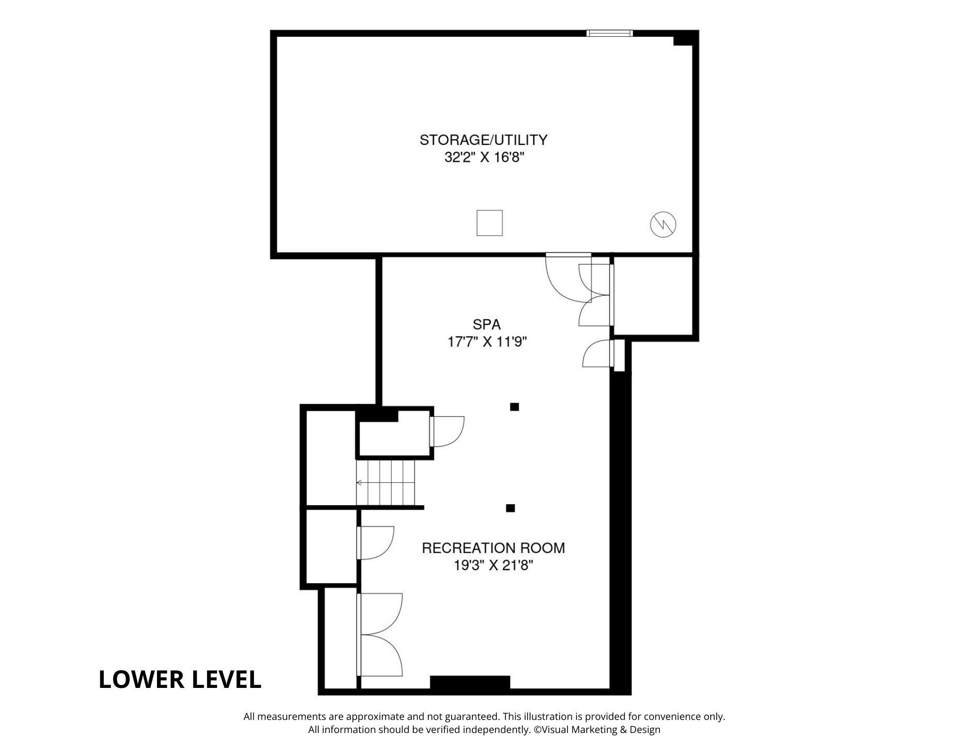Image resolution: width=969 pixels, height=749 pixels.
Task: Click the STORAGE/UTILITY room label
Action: (x=483, y=140)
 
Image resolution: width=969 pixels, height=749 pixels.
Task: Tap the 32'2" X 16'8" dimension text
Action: (x=484, y=158)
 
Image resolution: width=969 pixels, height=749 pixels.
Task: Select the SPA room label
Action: (x=486, y=324)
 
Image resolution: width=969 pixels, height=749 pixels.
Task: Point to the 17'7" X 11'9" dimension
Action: (x=487, y=342)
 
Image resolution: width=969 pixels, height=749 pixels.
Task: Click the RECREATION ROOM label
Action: (x=493, y=548)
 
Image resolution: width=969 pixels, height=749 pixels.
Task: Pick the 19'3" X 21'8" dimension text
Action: (x=493, y=565)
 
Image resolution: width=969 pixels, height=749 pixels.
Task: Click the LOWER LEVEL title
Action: (x=180, y=679)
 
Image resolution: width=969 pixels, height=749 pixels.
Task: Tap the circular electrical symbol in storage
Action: (x=663, y=224)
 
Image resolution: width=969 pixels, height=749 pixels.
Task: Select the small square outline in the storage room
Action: (x=489, y=223)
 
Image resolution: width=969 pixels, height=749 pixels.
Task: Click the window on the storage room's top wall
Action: (x=610, y=33)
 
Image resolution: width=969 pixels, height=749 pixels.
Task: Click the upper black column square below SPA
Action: (x=515, y=407)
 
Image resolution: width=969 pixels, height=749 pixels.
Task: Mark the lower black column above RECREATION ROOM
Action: (x=510, y=508)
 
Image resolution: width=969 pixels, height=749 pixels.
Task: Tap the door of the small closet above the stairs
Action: (x=447, y=431)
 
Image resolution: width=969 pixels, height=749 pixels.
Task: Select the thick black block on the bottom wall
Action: (x=470, y=682)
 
